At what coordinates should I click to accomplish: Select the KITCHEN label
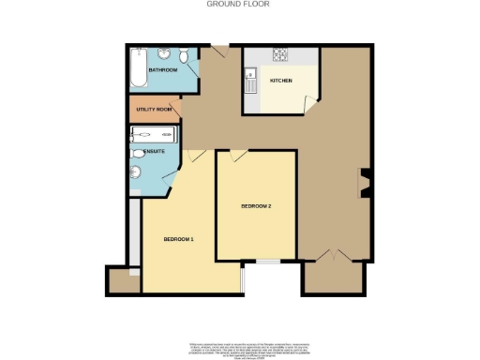[281, 81]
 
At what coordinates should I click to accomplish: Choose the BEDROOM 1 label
[178, 239]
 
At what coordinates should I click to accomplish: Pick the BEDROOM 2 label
[256, 206]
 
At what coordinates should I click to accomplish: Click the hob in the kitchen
[278, 53]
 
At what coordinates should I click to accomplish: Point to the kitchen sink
[250, 83]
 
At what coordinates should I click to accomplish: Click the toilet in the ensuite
[138, 153]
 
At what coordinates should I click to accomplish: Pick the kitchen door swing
[312, 107]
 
